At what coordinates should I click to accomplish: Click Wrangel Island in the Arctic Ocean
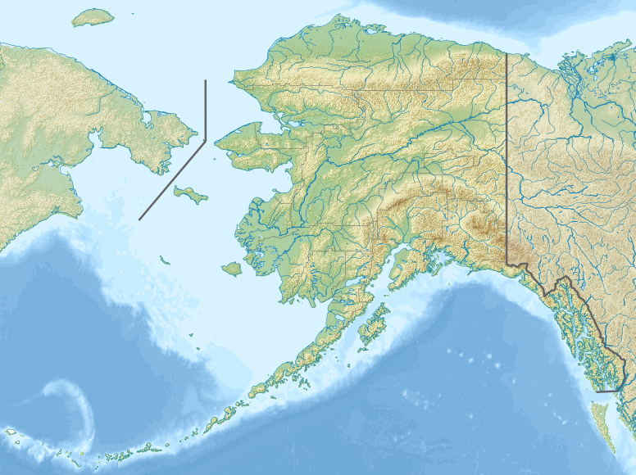point(92,17)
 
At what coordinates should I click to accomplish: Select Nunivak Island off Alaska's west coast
point(231,268)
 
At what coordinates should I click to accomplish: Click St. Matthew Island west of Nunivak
point(164,260)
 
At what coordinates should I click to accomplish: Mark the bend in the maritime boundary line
point(205,140)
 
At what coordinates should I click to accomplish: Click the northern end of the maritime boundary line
point(205,81)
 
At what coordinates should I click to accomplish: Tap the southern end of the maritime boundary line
point(140,219)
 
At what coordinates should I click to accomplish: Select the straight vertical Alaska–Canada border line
point(506,164)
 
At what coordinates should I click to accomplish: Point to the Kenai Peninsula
point(405,267)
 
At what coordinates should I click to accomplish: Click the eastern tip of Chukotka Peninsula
point(195,132)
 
